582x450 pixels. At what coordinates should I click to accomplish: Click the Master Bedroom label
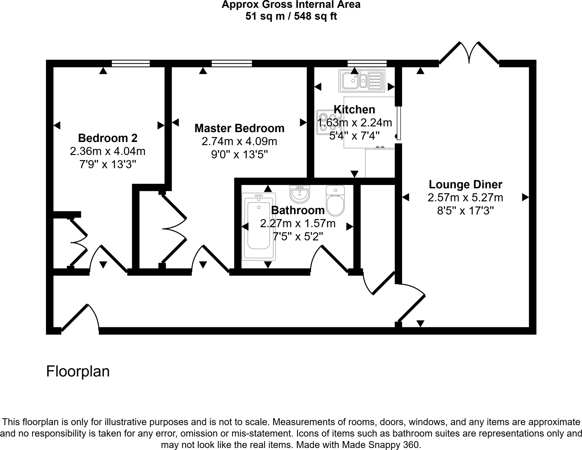point(239,128)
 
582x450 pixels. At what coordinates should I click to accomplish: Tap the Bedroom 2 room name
point(108,138)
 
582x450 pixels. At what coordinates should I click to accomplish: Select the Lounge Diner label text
point(465,184)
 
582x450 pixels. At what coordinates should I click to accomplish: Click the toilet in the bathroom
point(335,201)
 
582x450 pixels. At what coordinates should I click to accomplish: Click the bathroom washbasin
point(300,194)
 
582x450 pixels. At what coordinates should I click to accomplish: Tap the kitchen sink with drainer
point(361,81)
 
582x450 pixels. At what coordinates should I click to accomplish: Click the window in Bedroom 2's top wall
point(131,63)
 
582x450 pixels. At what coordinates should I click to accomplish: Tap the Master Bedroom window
point(232,63)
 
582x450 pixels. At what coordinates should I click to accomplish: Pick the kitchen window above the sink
point(367,63)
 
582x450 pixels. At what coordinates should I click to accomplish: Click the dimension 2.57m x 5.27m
point(465,198)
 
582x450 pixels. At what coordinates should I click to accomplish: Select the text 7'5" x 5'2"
point(298,236)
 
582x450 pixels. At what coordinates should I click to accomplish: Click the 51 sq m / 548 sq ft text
point(291,16)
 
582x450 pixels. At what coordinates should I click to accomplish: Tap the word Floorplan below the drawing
point(78,371)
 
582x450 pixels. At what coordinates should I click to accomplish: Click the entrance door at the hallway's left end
point(80,318)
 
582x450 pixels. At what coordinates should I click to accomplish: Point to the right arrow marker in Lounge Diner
point(525,197)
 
